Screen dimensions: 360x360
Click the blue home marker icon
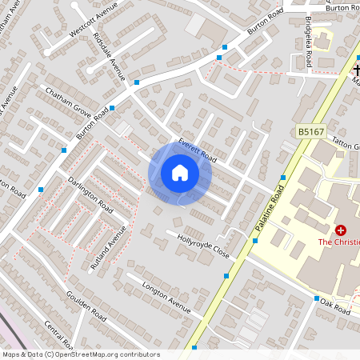click(x=180, y=173)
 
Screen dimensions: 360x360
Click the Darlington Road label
click(x=90, y=193)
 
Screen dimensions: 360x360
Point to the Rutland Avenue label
click(x=108, y=249)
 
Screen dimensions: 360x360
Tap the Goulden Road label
click(x=86, y=306)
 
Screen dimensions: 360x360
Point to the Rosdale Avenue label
click(x=109, y=57)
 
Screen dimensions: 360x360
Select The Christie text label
click(x=338, y=242)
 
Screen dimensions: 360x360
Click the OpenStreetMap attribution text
click(x=80, y=354)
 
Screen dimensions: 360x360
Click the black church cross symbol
click(x=357, y=70)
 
